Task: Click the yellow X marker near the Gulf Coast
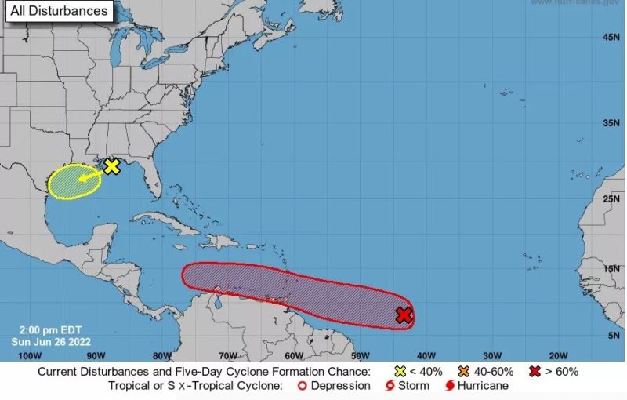pyautogui.click(x=112, y=166)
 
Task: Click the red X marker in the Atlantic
pyautogui.click(x=404, y=315)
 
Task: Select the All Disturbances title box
pyautogui.click(x=58, y=12)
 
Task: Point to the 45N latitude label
pyautogui.click(x=611, y=38)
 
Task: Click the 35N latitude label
pyautogui.click(x=611, y=123)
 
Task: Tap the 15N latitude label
pyautogui.click(x=611, y=269)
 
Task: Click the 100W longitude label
pyautogui.click(x=28, y=355)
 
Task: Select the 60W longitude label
pyautogui.click(x=293, y=355)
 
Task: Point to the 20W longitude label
pyautogui.click(x=558, y=355)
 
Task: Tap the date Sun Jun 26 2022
pyautogui.click(x=51, y=341)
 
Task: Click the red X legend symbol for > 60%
pyautogui.click(x=535, y=371)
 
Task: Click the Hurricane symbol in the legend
pyautogui.click(x=450, y=386)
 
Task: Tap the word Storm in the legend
pyautogui.click(x=413, y=386)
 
